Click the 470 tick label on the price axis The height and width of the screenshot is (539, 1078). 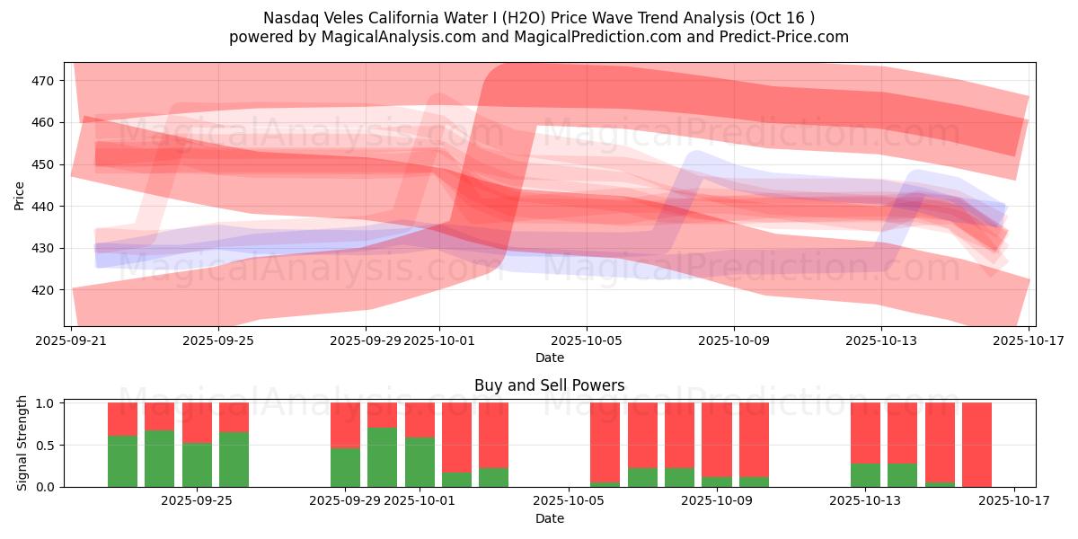point(42,81)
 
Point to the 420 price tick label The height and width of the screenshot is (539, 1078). point(42,290)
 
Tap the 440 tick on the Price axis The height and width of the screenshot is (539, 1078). point(42,207)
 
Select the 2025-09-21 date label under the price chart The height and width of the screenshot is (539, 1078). point(71,340)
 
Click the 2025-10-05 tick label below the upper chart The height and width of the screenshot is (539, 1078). point(587,340)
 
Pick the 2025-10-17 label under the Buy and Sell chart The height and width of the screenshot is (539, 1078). point(1014,500)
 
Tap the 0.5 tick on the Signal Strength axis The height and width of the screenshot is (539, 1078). point(46,446)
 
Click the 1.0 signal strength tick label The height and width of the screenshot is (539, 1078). point(46,403)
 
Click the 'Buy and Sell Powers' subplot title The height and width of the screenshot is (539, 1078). point(550,385)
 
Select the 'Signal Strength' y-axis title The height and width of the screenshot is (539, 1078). point(22,443)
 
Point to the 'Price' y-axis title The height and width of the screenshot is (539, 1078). point(19,196)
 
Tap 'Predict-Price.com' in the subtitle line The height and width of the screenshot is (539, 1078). point(784,37)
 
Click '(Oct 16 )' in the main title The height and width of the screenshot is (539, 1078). point(782,18)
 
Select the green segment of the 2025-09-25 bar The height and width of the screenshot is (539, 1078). point(197,465)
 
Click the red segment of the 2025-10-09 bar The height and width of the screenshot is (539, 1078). point(717,440)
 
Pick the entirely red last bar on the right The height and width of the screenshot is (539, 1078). point(977,445)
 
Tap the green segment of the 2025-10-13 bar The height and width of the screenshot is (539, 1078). point(865,475)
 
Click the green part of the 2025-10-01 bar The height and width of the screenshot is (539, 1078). point(420,462)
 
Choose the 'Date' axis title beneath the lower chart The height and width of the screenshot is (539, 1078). point(550,518)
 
